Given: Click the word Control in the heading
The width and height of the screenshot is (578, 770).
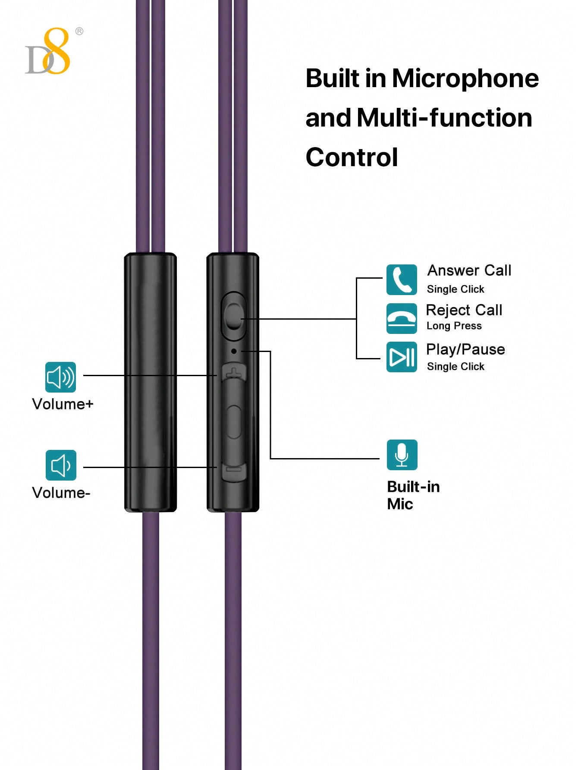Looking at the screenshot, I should coord(352,157).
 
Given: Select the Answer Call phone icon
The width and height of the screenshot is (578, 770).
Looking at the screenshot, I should coord(402,280).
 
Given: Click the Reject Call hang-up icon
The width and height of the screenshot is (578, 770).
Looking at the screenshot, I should coord(402,318).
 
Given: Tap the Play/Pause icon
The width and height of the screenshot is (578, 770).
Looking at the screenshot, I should coord(402,357).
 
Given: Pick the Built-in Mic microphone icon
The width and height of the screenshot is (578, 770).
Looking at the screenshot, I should coord(402,455).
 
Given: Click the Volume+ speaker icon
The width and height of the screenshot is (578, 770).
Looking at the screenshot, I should coord(61,377).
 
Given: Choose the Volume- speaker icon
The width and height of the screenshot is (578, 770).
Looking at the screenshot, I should coord(61,465).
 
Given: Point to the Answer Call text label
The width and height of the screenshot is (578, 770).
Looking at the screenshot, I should coord(469,270).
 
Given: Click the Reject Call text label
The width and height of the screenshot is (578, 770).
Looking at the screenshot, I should coord(464,310).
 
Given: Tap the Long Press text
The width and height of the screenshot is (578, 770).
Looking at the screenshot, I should coord(454,326).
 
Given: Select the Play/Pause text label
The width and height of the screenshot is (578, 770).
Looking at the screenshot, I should coord(465,349).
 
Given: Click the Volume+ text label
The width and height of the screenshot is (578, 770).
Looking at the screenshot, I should coord(63,404).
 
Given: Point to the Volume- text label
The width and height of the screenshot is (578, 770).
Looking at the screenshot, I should coord(61,493).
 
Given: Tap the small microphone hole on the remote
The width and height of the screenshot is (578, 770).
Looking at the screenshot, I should coord(234,351).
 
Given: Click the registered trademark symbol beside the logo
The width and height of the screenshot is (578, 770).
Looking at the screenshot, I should coord(79,31).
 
